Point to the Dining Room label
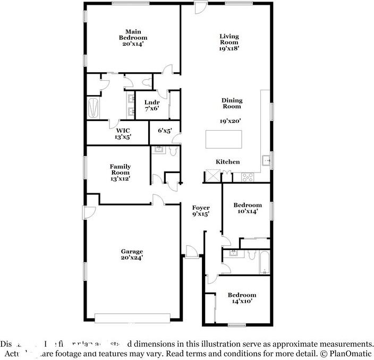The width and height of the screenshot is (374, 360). (232, 103)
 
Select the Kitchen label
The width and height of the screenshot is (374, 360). (227, 162)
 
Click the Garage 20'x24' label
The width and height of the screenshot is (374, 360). (132, 254)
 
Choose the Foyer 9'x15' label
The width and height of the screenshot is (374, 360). (201, 211)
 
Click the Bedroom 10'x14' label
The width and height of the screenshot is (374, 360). (248, 208)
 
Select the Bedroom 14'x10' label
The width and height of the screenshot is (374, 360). (242, 298)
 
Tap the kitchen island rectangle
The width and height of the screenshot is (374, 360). (224, 139)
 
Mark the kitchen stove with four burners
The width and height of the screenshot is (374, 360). (248, 176)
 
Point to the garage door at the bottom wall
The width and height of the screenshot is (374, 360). (132, 318)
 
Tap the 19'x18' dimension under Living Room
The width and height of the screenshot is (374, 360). (229, 48)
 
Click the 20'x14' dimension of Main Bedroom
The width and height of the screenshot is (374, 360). (132, 44)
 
